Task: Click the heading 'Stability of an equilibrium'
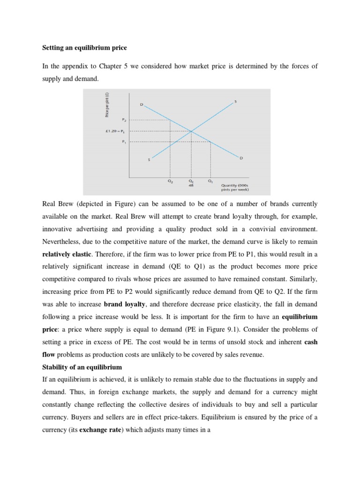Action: (x=80, y=367)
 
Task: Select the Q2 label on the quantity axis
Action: (x=170, y=180)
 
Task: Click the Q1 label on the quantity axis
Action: (x=210, y=180)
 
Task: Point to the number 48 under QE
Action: (x=190, y=185)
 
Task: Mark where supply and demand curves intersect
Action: (x=190, y=131)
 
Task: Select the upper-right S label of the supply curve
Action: (x=235, y=100)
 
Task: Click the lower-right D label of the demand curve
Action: (x=241, y=158)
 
